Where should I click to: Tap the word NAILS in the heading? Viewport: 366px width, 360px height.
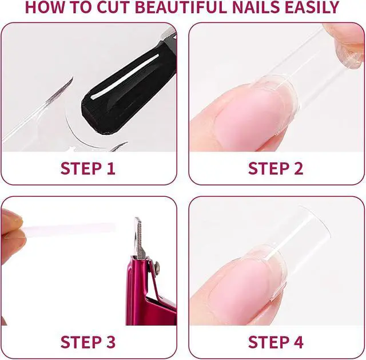(256, 7)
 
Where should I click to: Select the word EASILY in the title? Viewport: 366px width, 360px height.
(312, 7)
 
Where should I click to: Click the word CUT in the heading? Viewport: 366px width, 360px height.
(114, 7)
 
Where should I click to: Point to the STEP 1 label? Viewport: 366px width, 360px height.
(87, 168)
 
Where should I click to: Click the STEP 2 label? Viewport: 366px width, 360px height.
(276, 168)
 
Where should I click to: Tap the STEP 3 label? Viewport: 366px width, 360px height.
(87, 342)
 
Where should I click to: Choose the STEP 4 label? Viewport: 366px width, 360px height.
(276, 342)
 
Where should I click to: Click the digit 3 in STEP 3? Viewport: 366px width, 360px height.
(110, 342)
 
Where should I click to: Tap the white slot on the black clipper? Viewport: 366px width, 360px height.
(125, 76)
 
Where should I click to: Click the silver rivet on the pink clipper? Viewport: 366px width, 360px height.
(157, 266)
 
